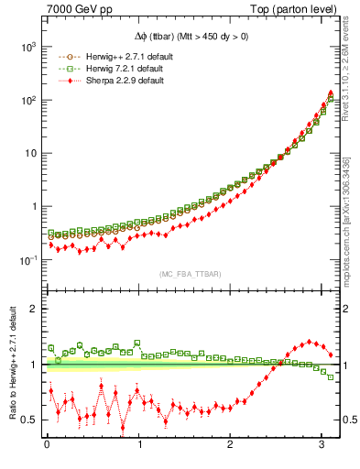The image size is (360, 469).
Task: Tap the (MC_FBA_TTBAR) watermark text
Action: (190, 274)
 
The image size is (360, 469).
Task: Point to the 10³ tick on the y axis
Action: (27, 46)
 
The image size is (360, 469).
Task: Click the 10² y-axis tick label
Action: (27, 99)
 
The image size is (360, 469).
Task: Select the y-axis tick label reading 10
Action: (28, 153)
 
